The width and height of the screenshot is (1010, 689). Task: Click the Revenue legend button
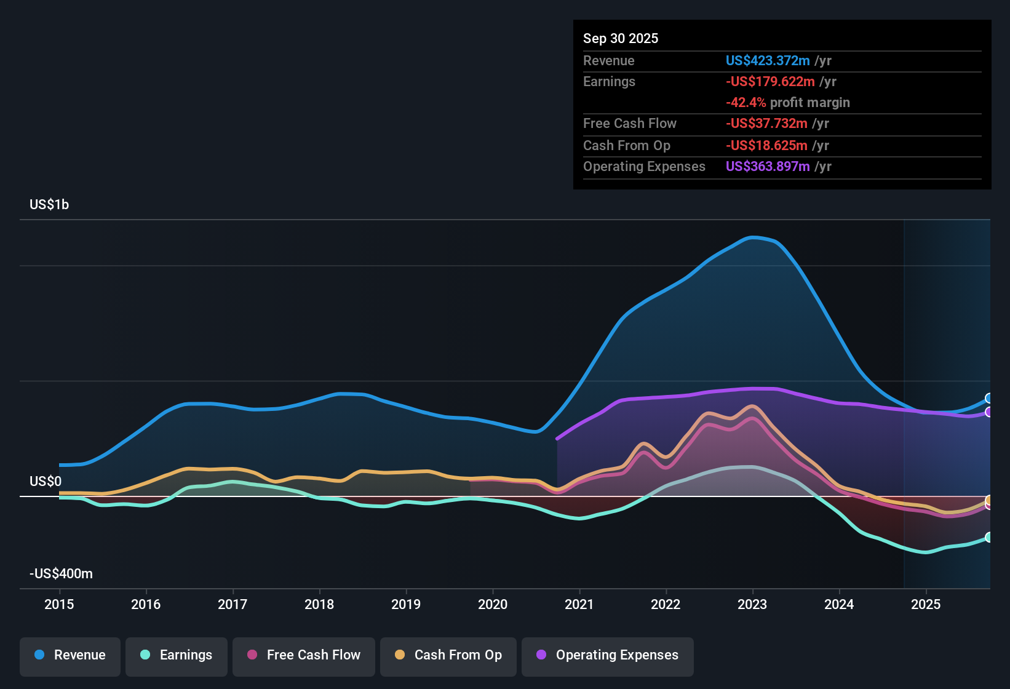(70, 655)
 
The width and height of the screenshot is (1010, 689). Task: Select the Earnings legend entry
(177, 655)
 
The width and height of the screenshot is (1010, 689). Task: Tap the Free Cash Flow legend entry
(304, 655)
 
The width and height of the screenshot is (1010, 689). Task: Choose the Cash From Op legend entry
(448, 655)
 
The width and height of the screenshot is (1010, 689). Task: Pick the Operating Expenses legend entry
(608, 655)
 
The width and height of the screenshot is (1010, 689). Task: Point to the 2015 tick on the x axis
(59, 604)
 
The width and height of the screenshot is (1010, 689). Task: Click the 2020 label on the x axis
(493, 604)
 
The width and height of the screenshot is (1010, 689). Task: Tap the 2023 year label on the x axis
(752, 604)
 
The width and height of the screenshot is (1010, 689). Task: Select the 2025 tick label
(926, 604)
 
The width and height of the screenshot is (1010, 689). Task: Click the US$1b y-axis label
(49, 204)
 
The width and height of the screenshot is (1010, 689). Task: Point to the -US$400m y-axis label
(61, 573)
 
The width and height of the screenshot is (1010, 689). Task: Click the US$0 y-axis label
(46, 481)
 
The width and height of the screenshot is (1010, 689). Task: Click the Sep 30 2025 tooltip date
(621, 38)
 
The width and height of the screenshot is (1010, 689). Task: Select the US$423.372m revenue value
(768, 60)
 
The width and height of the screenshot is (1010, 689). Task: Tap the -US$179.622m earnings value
(770, 81)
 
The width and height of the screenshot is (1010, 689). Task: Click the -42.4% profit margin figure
(746, 102)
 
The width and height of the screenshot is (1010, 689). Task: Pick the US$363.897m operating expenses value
(768, 166)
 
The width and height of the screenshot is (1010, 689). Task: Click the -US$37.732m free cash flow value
(766, 123)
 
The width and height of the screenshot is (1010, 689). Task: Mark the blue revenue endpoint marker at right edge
(988, 398)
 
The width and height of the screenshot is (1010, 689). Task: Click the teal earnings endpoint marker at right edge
(988, 537)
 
